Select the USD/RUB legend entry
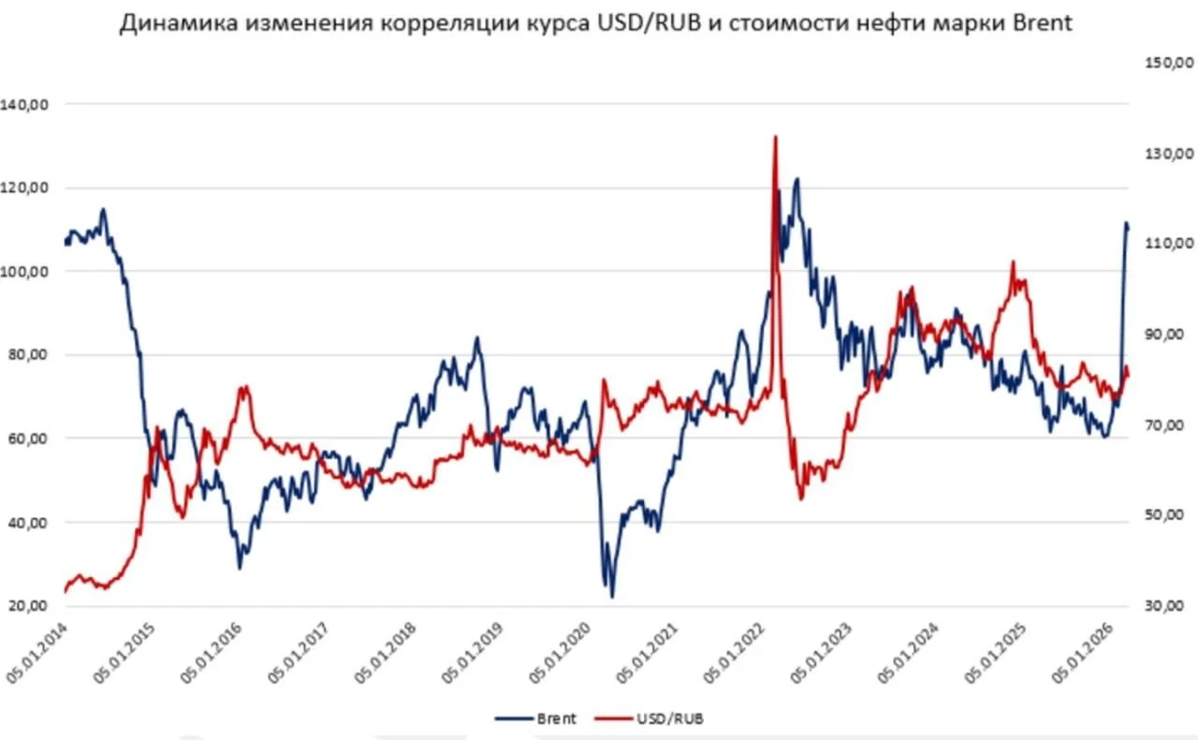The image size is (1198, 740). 668,718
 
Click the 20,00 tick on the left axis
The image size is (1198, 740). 28,605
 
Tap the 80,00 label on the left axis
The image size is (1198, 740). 28,355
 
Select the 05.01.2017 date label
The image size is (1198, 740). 303,659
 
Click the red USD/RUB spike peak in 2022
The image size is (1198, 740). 775,137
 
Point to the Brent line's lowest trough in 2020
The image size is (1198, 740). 612,597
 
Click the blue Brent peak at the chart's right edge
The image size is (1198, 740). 1126,223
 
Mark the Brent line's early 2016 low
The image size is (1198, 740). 240,568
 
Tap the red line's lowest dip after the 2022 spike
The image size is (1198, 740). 801,497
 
